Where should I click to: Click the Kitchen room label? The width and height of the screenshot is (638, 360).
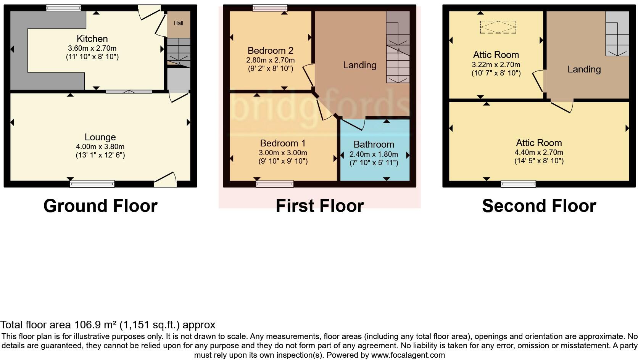[92, 39]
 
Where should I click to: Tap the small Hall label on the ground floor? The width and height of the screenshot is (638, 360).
[178, 23]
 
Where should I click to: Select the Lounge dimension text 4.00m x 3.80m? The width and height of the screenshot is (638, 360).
[100, 146]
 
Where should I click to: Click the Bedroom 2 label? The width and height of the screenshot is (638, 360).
[270, 50]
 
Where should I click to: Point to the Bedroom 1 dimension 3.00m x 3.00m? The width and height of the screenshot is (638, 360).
[283, 153]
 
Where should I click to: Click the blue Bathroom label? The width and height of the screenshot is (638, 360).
[374, 144]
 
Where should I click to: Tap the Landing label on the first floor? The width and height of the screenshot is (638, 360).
[359, 65]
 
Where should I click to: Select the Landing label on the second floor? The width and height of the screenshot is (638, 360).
[584, 69]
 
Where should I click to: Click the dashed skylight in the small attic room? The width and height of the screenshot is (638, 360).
[498, 27]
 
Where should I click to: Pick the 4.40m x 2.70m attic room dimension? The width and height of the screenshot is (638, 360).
[539, 152]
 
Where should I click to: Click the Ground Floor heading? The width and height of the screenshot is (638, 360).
[100, 206]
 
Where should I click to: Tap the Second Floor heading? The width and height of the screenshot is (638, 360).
[539, 206]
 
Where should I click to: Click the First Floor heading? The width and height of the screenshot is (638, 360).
[319, 206]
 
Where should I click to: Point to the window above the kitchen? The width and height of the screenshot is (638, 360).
[63, 7]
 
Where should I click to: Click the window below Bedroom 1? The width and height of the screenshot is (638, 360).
[275, 184]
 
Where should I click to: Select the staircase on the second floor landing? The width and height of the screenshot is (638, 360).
[617, 34]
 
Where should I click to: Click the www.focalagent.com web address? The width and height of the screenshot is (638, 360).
[408, 355]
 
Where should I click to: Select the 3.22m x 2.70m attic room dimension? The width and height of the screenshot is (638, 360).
[496, 64]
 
